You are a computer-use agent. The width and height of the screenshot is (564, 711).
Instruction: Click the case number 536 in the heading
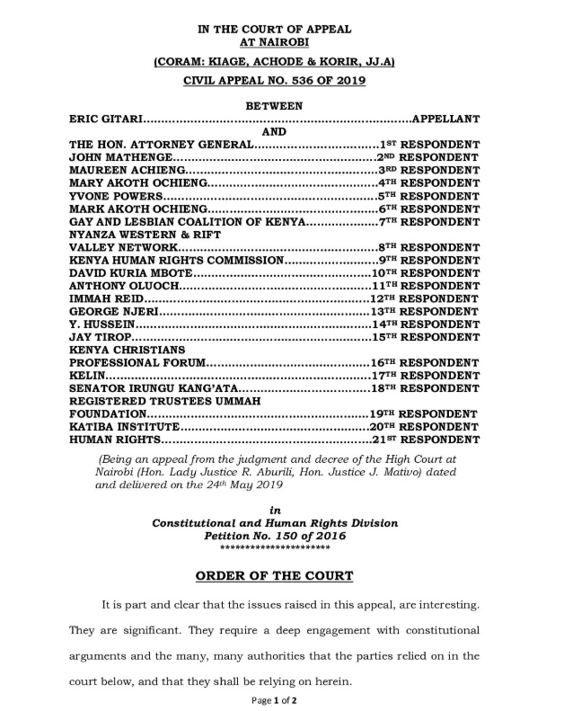310,81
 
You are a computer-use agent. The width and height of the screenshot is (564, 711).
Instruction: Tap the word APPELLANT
445,119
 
